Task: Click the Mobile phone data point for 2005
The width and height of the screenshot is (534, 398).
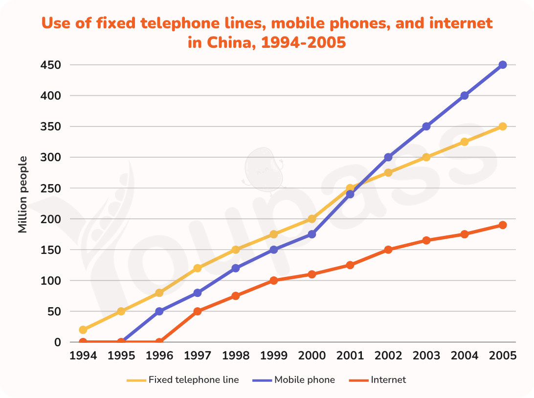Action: pos(502,64)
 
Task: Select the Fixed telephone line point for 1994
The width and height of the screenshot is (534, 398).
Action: pos(83,330)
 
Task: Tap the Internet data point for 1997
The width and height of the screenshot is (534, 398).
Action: pos(197,311)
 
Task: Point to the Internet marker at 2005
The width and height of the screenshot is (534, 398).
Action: pos(502,225)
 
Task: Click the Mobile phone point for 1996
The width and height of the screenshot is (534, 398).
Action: pos(159,311)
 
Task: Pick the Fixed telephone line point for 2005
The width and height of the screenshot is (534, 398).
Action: pos(502,126)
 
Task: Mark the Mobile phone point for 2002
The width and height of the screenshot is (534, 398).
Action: pos(388,157)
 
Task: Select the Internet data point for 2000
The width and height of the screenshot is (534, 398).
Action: pos(311,274)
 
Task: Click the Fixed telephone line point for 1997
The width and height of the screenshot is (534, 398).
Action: pos(197,268)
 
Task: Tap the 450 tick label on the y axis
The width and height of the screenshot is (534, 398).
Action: pos(50,65)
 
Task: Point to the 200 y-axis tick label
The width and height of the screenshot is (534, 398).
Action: pos(50,219)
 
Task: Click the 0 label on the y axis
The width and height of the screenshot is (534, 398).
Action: pos(57,342)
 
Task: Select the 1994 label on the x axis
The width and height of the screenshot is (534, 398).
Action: pos(83,356)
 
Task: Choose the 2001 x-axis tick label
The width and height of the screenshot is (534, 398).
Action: pos(350,356)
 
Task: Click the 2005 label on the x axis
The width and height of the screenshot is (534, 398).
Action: pos(502,356)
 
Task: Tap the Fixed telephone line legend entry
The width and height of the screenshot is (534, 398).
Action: pos(183,379)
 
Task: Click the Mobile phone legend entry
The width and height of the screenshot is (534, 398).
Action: pos(293,379)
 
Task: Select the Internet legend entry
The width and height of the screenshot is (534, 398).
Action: pos(378,379)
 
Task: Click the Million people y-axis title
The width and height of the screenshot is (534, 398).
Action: pos(22,194)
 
